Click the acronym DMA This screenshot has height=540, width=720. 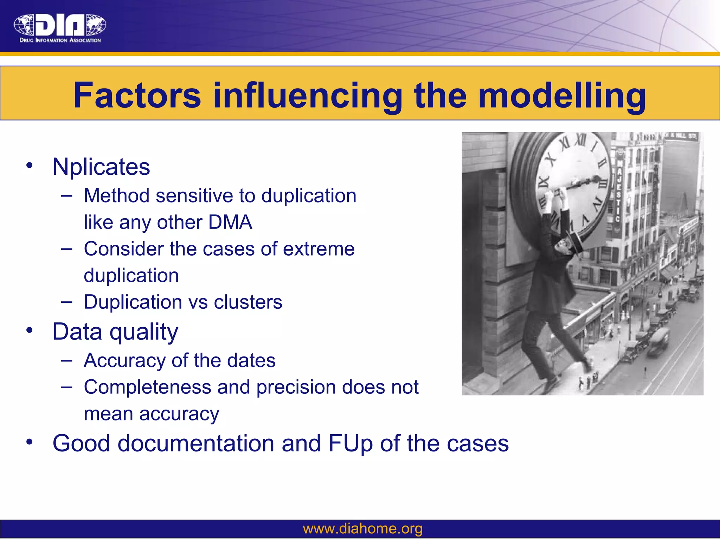click(x=230, y=222)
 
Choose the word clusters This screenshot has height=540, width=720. click(x=248, y=302)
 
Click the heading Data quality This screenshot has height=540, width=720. click(x=115, y=332)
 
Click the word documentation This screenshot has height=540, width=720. click(x=196, y=443)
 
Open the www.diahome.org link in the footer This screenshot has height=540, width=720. click(x=362, y=528)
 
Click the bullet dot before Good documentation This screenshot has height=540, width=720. click(x=30, y=442)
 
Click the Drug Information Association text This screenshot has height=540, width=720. click(x=60, y=40)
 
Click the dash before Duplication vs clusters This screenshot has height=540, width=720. click(x=66, y=302)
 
